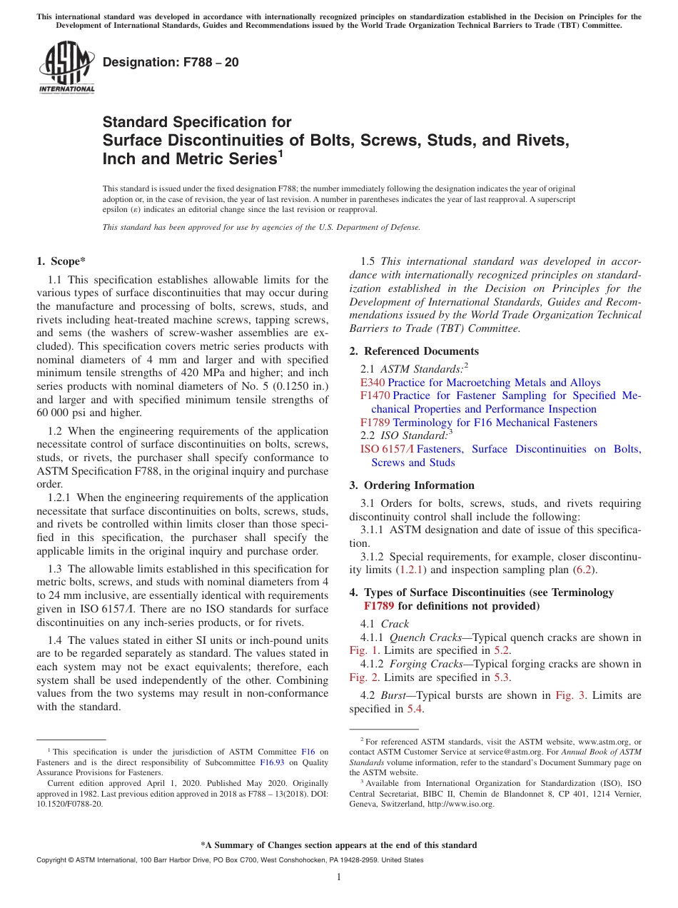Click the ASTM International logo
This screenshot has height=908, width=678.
coord(66,69)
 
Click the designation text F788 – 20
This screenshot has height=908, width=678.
coord(171,63)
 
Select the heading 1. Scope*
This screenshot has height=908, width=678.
coord(61,261)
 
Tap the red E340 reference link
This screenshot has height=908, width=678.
coord(373,383)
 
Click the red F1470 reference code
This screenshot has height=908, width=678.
coord(375,395)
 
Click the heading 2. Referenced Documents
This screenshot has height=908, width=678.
coord(414,351)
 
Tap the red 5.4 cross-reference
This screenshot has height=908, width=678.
coord(415,709)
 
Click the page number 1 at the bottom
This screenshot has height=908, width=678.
coord(339,877)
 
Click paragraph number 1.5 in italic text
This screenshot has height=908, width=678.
coord(368,261)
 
